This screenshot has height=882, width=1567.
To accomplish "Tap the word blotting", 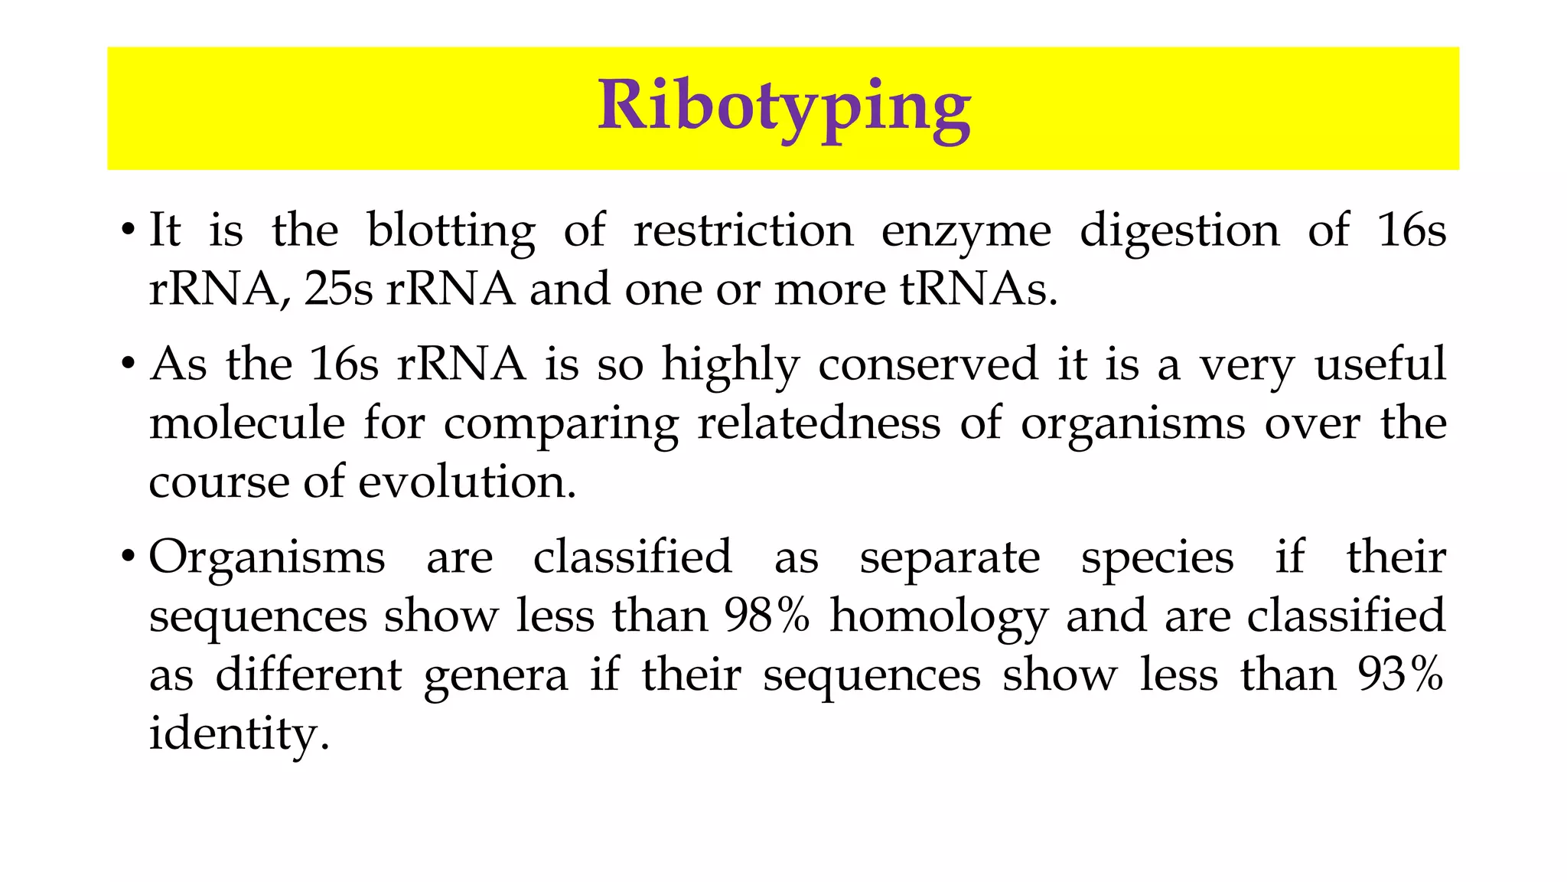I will [451, 230].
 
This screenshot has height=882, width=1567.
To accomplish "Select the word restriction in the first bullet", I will [743, 230].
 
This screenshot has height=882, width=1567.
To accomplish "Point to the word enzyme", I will [966, 232].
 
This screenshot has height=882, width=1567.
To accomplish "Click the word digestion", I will [1179, 232].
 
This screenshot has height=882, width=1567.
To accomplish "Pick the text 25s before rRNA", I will [337, 289].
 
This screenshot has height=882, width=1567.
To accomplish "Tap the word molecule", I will [246, 423].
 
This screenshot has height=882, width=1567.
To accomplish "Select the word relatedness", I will [819, 423].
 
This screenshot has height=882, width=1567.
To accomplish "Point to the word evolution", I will [467, 482].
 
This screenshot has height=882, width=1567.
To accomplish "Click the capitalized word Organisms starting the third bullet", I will [266, 557].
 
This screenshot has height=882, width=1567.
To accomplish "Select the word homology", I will [939, 617].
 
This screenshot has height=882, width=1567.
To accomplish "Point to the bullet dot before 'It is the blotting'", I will [129, 230].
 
